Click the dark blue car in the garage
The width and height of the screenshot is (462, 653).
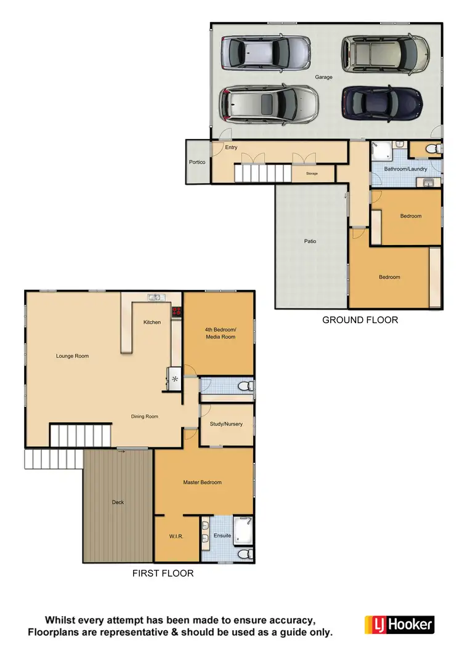tap(382, 101)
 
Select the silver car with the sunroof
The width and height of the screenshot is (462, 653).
tap(269, 103)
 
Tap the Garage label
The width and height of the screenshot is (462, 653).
tap(324, 78)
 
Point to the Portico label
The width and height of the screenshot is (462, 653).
tap(197, 162)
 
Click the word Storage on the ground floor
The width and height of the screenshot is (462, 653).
tap(312, 174)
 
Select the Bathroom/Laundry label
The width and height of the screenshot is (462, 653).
tap(405, 169)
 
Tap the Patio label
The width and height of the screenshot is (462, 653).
tap(310, 241)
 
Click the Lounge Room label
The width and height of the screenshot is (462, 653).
tap(73, 356)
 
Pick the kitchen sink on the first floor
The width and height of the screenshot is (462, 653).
tap(156, 298)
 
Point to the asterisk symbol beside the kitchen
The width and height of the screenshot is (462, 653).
tap(175, 379)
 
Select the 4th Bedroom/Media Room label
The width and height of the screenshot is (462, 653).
tap(221, 334)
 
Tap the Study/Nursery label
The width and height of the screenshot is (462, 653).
tap(226, 424)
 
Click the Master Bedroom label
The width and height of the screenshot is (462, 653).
tap(202, 483)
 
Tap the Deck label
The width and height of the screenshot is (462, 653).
tap(118, 502)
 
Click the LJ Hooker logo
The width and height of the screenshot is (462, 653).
tap(399, 625)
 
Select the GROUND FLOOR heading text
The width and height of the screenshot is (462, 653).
tap(360, 320)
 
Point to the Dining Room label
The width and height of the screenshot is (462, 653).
tap(145, 417)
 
